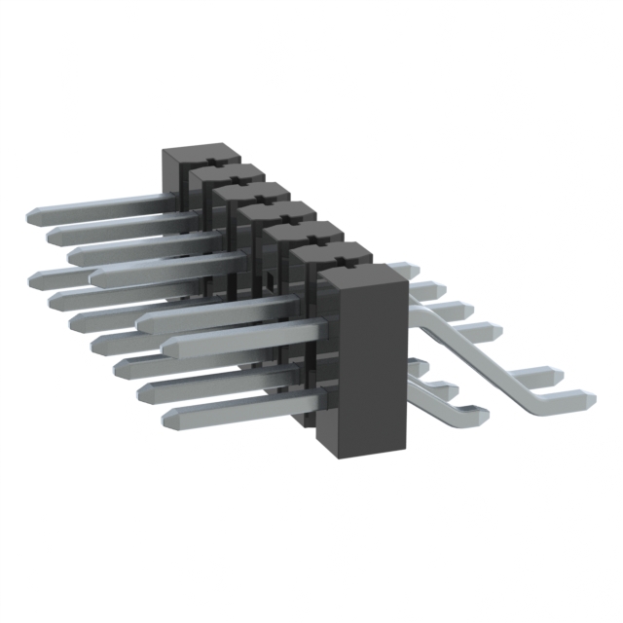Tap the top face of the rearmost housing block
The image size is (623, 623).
(x=199, y=157)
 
